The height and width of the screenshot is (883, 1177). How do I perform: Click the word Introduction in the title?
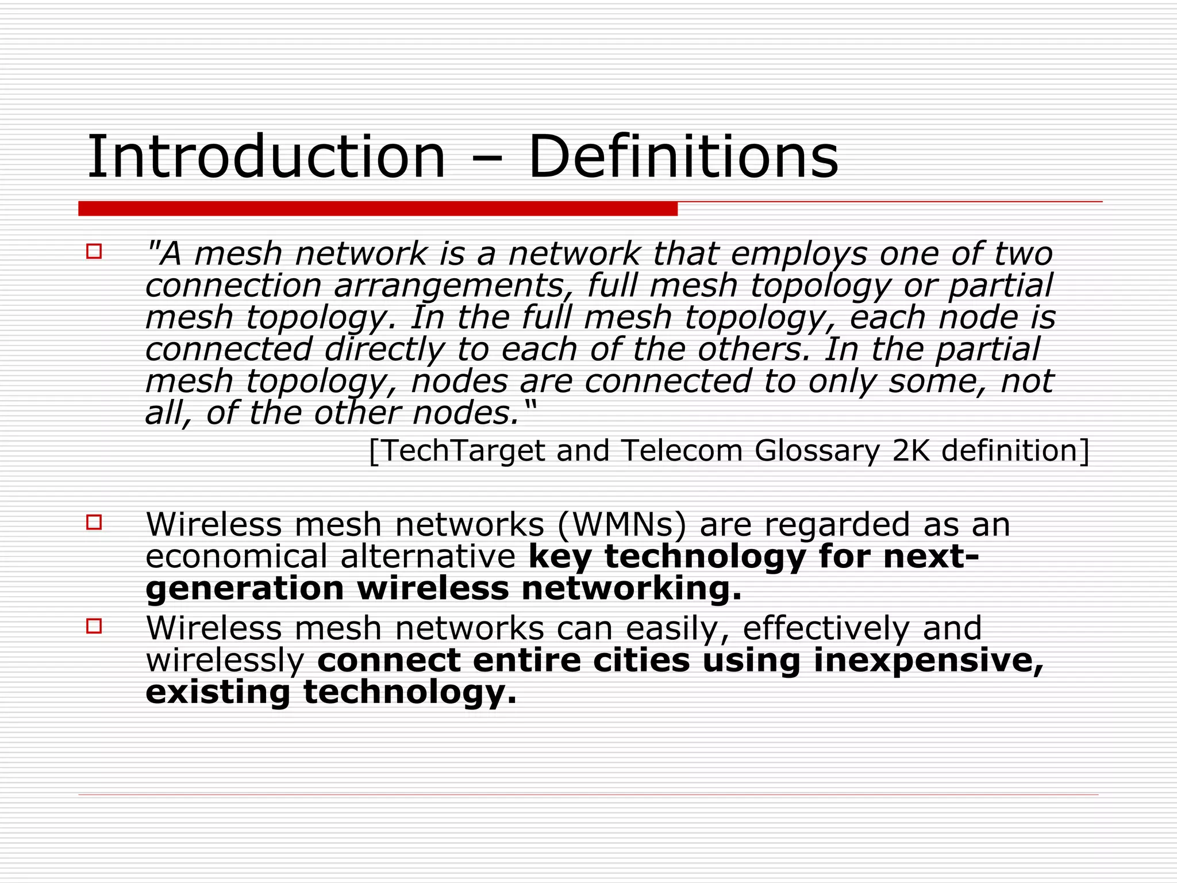pos(266,157)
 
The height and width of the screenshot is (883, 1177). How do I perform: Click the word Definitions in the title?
pos(683,157)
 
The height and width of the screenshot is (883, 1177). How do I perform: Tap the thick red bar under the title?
pos(378,209)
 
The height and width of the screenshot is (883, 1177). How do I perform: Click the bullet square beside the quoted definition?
pos(94,252)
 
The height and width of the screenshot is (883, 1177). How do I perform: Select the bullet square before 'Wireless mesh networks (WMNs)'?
pos(94,522)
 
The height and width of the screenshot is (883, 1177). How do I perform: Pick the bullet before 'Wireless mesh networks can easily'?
pos(94,625)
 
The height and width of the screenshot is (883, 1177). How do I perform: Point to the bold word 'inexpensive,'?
pos(928,661)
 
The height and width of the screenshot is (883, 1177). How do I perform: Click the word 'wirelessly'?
pos(225,661)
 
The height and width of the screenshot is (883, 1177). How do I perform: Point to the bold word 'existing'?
pos(218,693)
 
